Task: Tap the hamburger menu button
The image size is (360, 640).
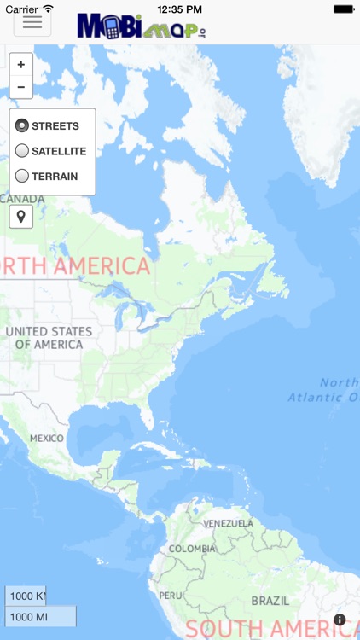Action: click(32, 22)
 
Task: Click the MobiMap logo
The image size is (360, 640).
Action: click(142, 26)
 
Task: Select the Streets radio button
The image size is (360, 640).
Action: click(22, 126)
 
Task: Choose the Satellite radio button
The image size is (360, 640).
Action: click(22, 151)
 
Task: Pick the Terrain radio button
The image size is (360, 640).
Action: click(22, 177)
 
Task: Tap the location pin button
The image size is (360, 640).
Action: click(21, 216)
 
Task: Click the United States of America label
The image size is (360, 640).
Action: click(49, 338)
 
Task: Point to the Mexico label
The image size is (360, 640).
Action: click(47, 439)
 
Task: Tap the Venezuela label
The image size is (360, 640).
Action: click(228, 523)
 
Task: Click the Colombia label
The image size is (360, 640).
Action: click(192, 549)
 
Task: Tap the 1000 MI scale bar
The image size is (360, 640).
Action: click(40, 616)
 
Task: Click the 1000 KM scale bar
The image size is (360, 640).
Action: click(26, 596)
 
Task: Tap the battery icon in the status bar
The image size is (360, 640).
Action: click(343, 9)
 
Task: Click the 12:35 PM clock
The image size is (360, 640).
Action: click(180, 9)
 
